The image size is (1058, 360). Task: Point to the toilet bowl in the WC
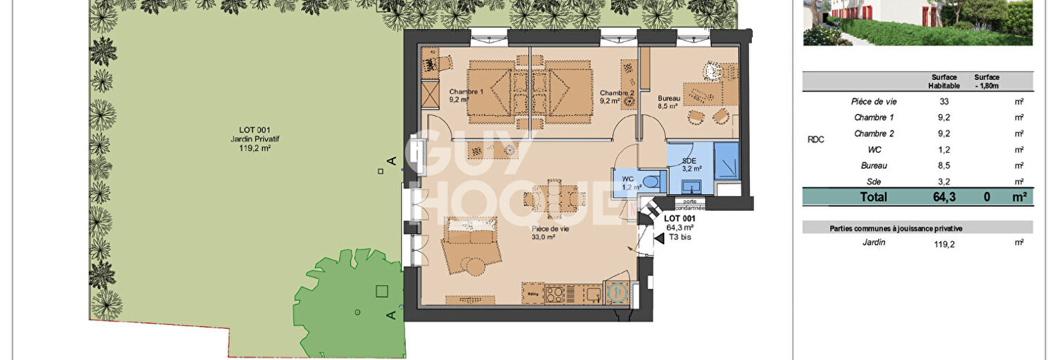pyautogui.click(x=652, y=181)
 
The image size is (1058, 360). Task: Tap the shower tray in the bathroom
pyautogui.click(x=726, y=159)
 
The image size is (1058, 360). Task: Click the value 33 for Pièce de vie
pyautogui.click(x=943, y=101)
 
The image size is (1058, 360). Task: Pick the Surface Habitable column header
pyautogui.click(x=944, y=82)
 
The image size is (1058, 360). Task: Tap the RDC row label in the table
pyautogui.click(x=815, y=140)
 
